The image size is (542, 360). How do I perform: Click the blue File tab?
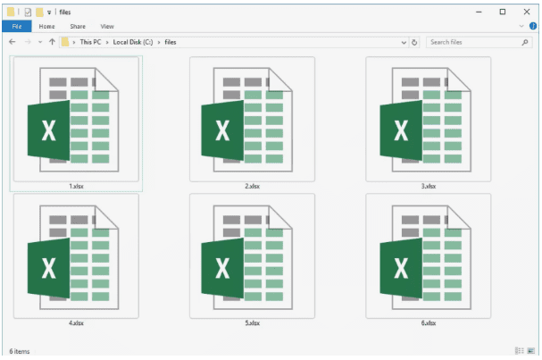[x=17, y=26]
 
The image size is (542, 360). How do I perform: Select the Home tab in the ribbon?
[x=46, y=26]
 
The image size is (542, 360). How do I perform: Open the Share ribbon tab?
[x=78, y=26]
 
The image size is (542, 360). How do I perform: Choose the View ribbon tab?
[x=107, y=26]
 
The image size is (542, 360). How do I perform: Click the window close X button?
[x=527, y=12]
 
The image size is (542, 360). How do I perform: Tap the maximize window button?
[x=502, y=12]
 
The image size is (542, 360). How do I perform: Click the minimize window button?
[x=479, y=13]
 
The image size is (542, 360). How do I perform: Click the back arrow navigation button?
[x=13, y=42]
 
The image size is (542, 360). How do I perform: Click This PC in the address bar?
[x=90, y=42]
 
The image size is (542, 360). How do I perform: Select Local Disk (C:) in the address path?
[x=133, y=42]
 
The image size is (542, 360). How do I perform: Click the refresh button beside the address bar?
[x=414, y=42]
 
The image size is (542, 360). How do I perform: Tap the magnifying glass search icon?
[x=525, y=42]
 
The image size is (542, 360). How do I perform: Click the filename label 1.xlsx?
[x=76, y=186]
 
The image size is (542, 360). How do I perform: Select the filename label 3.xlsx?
[x=429, y=186]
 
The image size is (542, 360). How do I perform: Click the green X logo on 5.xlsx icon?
[x=222, y=268]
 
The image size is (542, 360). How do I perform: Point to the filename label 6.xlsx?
[x=429, y=323]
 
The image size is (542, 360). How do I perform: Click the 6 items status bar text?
[x=20, y=351]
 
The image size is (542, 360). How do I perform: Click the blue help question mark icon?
[x=533, y=26]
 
